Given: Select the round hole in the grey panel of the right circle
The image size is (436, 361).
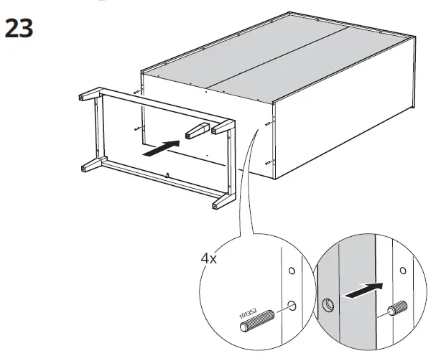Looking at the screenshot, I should [329, 304].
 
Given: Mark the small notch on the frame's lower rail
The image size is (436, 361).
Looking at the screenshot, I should [167, 174].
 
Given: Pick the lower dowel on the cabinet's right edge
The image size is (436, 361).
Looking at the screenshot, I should [268, 163].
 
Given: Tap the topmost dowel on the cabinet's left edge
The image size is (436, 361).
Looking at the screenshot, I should [137, 93].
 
